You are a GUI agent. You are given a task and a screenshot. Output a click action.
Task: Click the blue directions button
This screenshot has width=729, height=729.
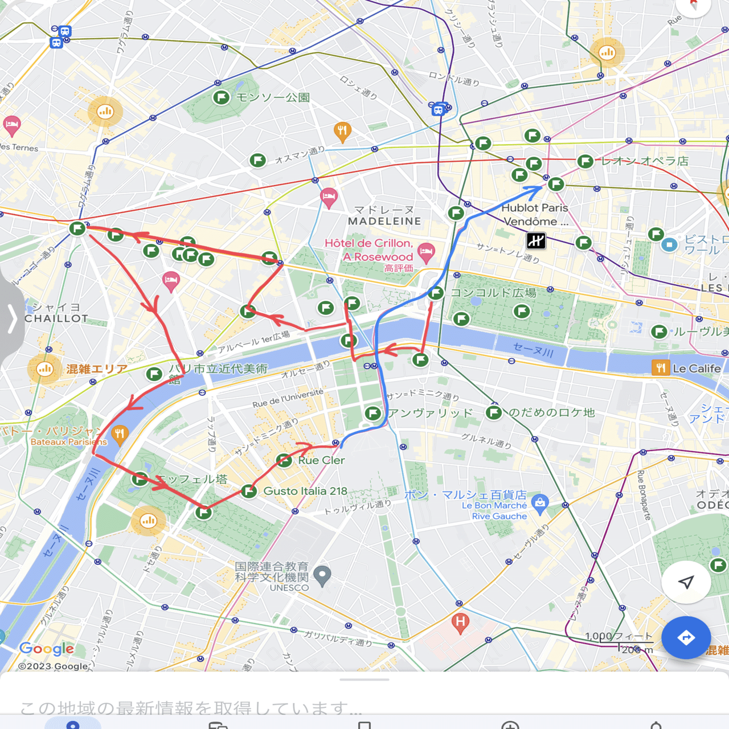(686, 637)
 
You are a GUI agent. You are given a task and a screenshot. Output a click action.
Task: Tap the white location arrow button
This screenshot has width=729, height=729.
(686, 581)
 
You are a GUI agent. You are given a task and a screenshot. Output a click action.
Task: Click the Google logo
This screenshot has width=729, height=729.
(47, 649)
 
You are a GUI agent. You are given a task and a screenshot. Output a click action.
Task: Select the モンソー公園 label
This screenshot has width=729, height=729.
(273, 97)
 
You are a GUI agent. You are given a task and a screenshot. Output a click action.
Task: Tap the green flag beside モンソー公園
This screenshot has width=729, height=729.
(221, 97)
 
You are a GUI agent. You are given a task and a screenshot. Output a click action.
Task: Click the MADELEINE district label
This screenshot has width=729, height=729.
(384, 221)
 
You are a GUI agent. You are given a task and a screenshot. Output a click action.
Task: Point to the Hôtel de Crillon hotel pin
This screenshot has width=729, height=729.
(426, 251)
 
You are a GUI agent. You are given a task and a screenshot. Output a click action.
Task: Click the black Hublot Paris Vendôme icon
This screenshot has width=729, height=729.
(536, 241)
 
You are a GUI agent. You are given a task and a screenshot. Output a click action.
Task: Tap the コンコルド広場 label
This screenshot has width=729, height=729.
(493, 293)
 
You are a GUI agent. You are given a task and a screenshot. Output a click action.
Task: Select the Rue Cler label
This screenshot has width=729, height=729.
(321, 460)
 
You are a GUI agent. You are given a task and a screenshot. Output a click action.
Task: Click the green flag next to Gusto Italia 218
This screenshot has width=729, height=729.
(249, 491)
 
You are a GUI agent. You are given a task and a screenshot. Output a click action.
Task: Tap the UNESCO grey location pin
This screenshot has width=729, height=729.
(322, 576)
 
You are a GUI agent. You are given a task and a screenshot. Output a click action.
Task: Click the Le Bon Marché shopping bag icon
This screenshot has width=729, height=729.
(539, 502)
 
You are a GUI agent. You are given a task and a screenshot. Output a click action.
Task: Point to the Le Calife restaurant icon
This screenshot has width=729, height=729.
(661, 368)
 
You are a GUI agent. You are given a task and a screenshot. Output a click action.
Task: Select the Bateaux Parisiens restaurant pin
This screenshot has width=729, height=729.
(119, 434)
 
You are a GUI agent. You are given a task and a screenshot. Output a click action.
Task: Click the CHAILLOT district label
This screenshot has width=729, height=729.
(56, 318)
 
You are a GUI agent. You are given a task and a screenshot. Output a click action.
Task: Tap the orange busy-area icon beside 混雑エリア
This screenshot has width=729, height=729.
(44, 369)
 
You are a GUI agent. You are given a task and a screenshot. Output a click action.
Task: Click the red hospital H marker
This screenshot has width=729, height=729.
(460, 622)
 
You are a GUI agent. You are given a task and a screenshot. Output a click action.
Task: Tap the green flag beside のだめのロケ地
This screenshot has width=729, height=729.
(494, 412)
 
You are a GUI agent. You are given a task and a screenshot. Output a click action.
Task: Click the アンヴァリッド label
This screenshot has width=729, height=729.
(431, 413)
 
